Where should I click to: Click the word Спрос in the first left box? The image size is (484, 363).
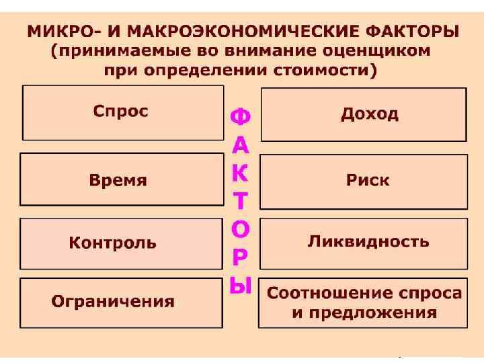120,112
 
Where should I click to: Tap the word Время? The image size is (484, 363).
118,181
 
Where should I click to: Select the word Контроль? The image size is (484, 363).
112,243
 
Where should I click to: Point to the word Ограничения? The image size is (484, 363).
113,302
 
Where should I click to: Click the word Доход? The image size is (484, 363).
369,114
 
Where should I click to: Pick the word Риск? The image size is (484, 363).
368,180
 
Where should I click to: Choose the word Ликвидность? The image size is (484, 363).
368,241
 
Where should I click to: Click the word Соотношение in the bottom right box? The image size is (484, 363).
319,293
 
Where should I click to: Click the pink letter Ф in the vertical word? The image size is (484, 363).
240,118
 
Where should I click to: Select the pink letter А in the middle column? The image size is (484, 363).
241,145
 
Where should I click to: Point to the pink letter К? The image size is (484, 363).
241,173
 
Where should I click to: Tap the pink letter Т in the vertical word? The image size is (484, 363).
241,200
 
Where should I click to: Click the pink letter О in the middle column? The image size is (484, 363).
240,229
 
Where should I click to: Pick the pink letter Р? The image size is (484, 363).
241,257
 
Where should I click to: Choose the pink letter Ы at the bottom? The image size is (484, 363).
240,286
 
